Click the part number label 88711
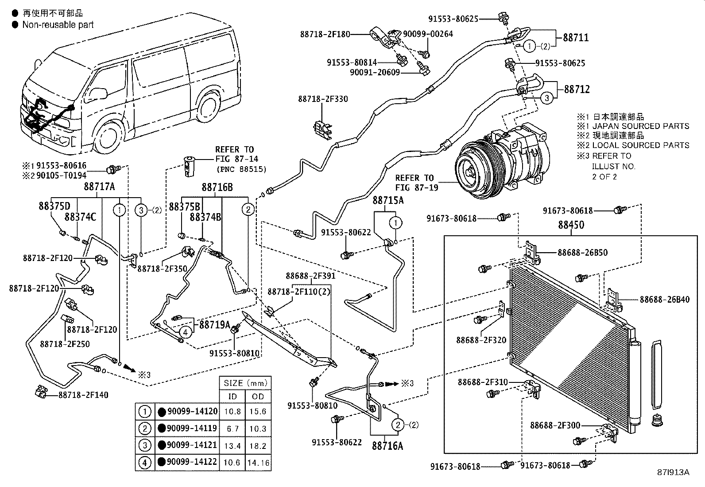[x=576, y=38]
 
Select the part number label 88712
[x=577, y=89]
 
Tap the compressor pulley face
[x=471, y=171]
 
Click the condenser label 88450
[x=571, y=225]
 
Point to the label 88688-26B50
[x=582, y=253]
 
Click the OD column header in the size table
[x=257, y=397]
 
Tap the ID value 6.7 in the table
[x=232, y=429]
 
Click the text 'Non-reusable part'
[x=58, y=25]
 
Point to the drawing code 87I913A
[x=673, y=472]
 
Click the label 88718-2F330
[x=323, y=99]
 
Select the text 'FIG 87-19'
[x=417, y=187]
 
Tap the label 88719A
[x=214, y=324]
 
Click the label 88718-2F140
[x=83, y=395]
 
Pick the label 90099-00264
[x=428, y=34]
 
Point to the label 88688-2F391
[x=310, y=276]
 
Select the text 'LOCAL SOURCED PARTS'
[x=640, y=145]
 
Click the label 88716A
[x=387, y=445]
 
